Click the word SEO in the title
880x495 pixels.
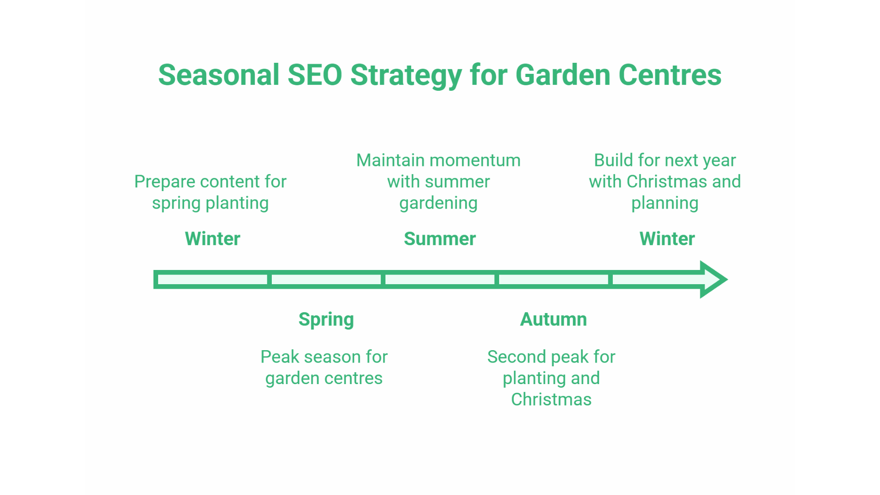pos(314,75)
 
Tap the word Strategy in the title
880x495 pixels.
pos(406,75)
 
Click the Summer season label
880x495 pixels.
pos(440,239)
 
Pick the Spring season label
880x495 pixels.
pos(326,319)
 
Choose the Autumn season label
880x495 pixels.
pos(553,319)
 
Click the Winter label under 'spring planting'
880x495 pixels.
pos(212,239)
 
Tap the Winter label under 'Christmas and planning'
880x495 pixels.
pos(667,239)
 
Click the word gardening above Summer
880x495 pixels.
pos(438,203)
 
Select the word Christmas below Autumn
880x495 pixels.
pos(551,400)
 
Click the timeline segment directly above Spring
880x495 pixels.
pos(326,279)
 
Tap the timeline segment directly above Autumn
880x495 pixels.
pos(553,279)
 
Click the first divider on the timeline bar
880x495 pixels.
pos(269,279)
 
